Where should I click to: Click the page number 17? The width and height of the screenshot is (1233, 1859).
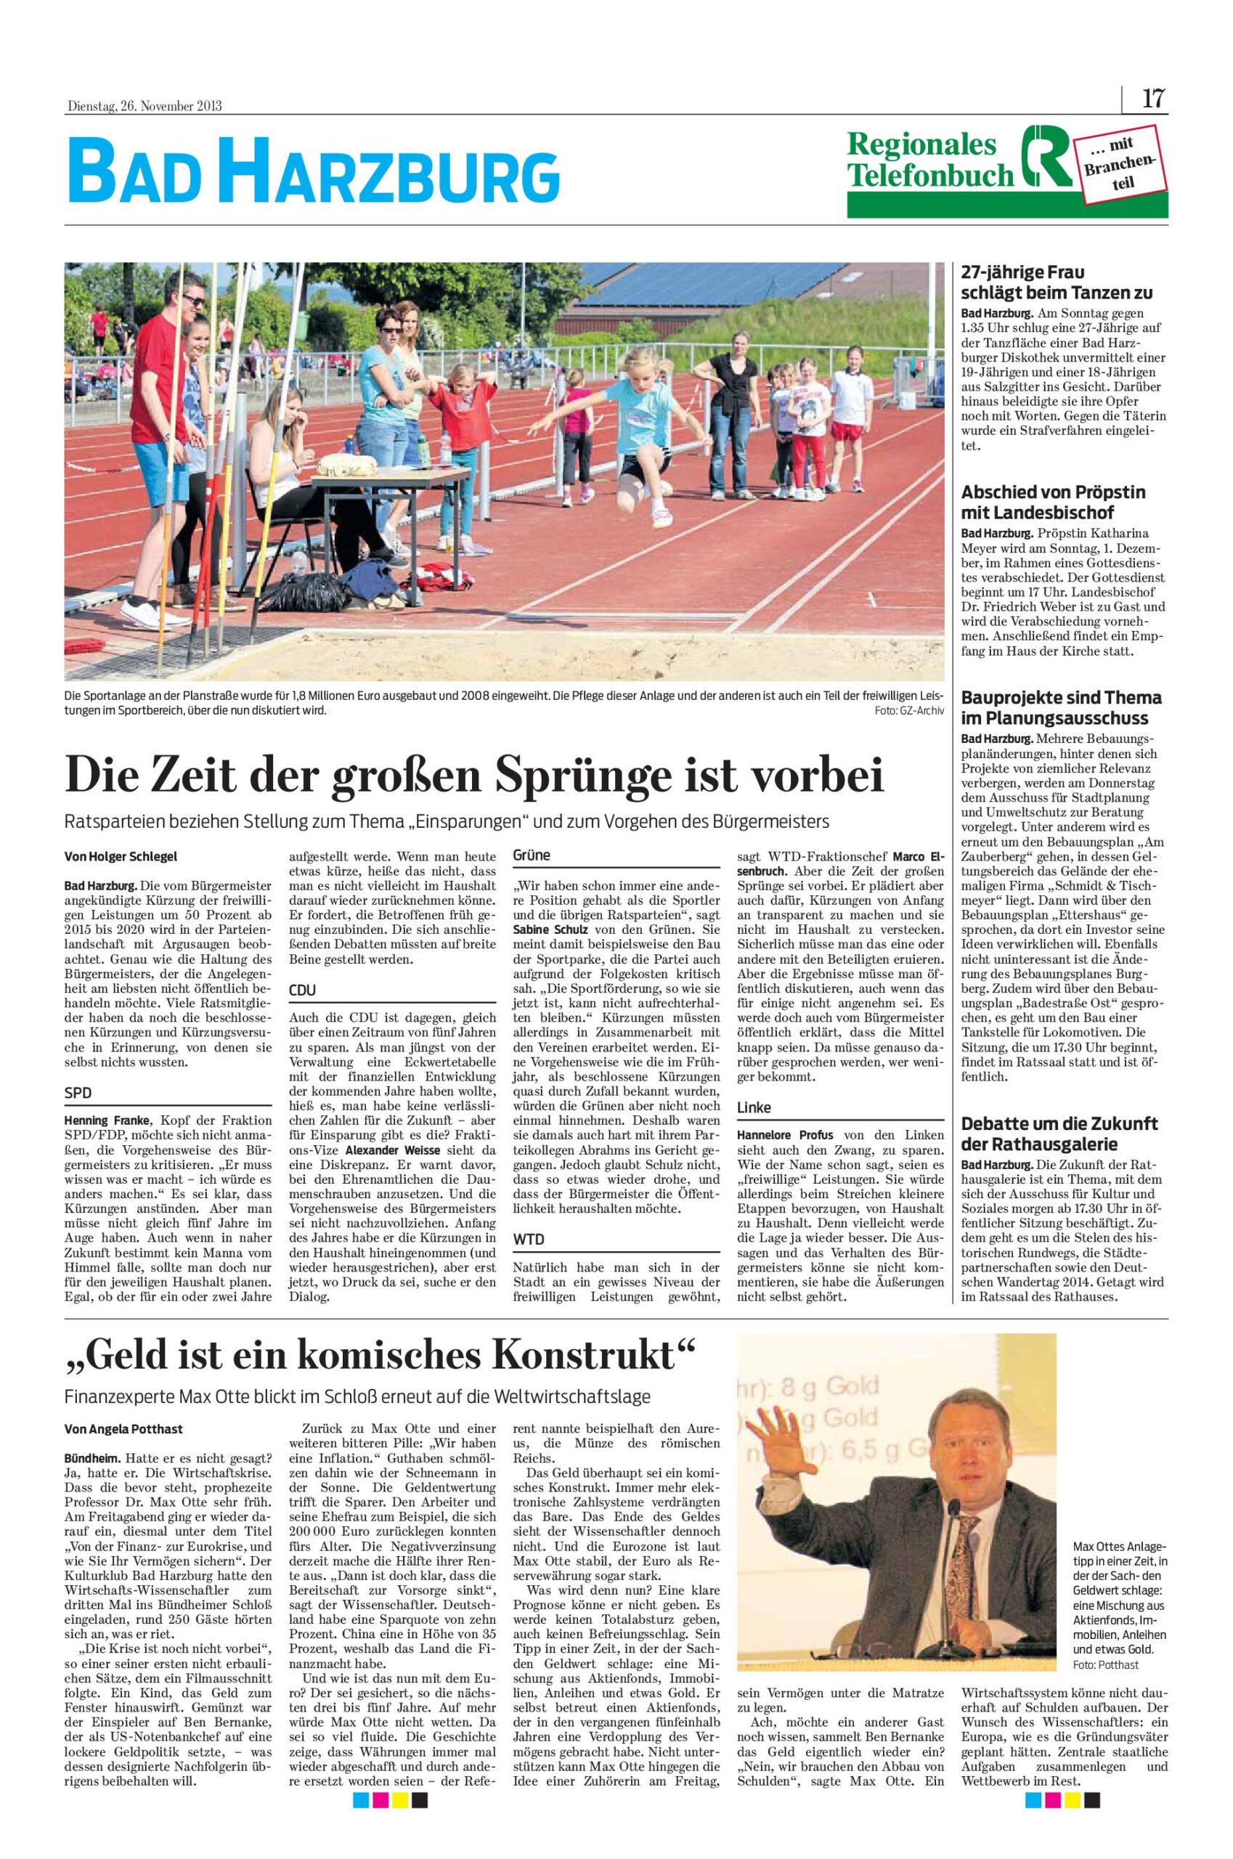point(1153,100)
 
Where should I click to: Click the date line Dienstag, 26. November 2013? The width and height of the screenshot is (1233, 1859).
point(143,106)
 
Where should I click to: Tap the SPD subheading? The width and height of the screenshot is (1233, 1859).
point(77,1093)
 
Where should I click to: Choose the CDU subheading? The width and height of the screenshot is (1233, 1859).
point(303,990)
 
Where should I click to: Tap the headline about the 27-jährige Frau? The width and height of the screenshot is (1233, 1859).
point(1057,283)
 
